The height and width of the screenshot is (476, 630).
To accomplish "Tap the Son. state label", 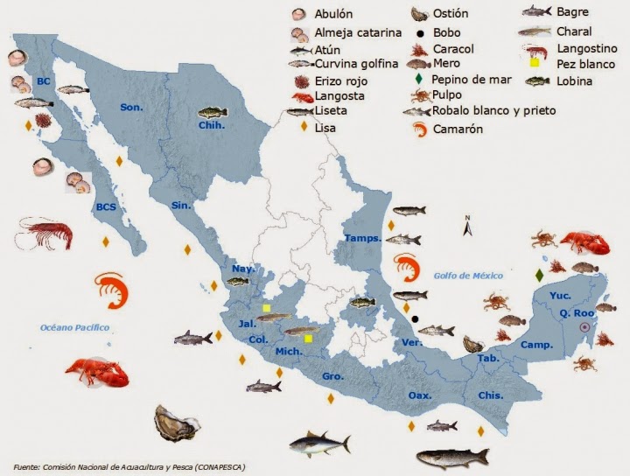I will pos(131,108).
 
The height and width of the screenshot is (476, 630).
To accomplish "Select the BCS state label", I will pos(106,208).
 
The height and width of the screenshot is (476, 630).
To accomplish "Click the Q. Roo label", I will pos(577,313).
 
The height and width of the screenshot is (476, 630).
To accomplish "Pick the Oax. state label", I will pos(420,395).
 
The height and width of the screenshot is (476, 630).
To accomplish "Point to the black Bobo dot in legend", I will pos(420,32).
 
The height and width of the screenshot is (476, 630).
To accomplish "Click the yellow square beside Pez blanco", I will pos(534,64).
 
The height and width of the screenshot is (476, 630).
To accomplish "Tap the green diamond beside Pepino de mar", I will pos(420,79).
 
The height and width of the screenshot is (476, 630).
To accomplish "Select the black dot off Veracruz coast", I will pos(416,318).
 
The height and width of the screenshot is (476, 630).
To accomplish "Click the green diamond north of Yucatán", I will pos(538,275).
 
